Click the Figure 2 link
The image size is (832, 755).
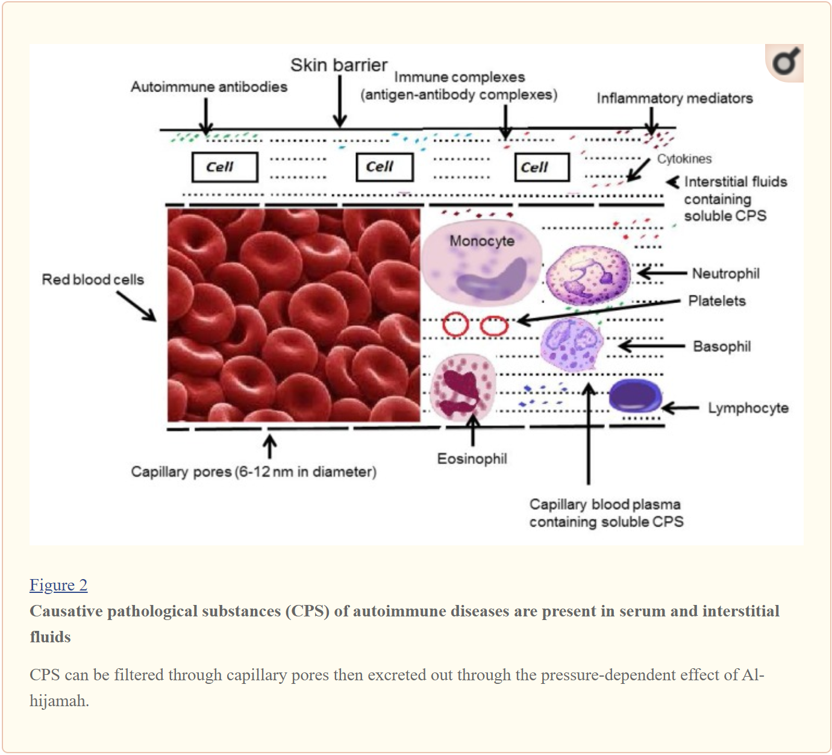pos(58,585)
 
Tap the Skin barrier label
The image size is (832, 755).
pos(339,65)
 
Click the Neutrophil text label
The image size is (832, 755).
pos(725,274)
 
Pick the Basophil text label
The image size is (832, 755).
pos(722,346)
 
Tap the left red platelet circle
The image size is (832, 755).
pos(455,324)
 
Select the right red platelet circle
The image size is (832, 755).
pos(494,325)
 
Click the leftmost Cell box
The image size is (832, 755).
pos(225,167)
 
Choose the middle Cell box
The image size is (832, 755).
pos(385,167)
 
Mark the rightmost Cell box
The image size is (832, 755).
pos(542,168)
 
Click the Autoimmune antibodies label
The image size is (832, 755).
pos(209,87)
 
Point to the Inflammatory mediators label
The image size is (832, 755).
pos(674,98)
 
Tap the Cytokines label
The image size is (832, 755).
pos(684,159)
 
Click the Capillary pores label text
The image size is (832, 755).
pos(253,471)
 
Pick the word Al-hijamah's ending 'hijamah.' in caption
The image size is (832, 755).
pos(59,701)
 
